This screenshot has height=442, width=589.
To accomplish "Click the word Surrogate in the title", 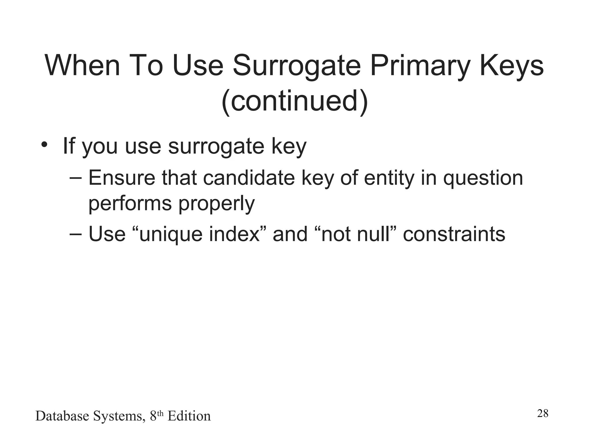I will [x=297, y=66].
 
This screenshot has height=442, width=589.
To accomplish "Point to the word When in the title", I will [x=82, y=66].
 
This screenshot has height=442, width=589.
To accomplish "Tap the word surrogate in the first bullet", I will [x=216, y=146].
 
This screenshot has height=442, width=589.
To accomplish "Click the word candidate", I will [x=249, y=178].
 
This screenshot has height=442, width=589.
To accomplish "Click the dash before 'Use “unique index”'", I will [x=76, y=234].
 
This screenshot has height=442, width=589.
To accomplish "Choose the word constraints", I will [x=454, y=234].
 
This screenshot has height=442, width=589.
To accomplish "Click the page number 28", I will [x=542, y=414].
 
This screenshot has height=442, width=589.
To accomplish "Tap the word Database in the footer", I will [x=62, y=416].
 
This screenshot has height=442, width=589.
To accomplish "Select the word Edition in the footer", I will [x=189, y=416].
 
